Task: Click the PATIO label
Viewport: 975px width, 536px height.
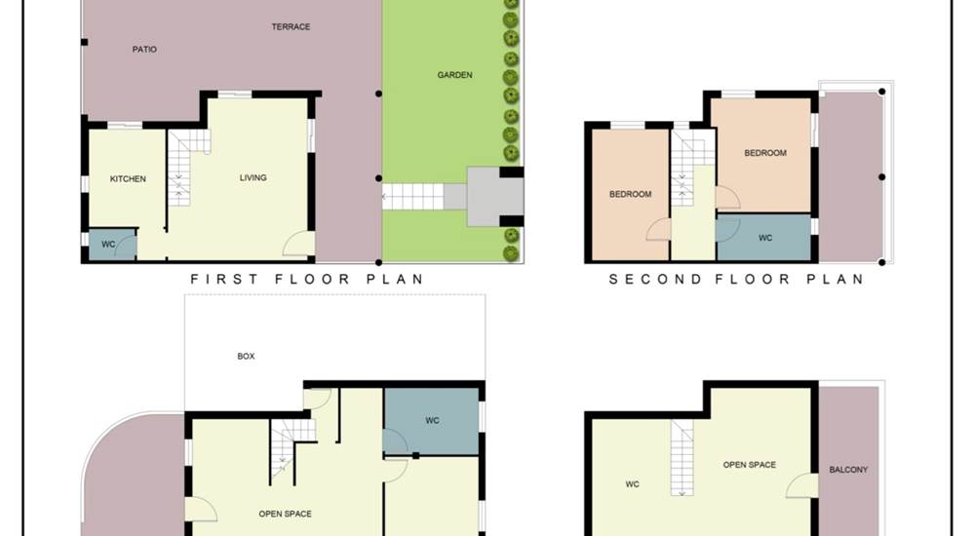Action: [x=144, y=49]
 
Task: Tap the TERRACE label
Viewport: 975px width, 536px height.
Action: [x=291, y=26]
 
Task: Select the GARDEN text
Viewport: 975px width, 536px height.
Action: [x=454, y=75]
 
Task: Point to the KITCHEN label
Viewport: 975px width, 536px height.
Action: [x=128, y=178]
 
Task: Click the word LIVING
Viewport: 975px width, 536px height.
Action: [x=253, y=177]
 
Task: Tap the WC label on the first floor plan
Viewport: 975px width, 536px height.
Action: [x=108, y=244]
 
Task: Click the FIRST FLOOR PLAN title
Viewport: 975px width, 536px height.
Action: [x=306, y=279]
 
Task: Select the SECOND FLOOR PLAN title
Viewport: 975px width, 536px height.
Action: [x=736, y=279]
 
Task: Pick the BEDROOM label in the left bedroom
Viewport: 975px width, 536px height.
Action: [x=630, y=194]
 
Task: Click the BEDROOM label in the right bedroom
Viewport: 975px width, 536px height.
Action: [x=764, y=152]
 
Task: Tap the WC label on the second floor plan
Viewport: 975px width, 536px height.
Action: [x=764, y=238]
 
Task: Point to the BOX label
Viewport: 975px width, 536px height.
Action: [x=246, y=357]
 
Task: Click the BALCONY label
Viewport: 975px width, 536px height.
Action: [x=848, y=470]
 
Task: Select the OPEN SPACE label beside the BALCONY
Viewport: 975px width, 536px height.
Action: [x=749, y=465]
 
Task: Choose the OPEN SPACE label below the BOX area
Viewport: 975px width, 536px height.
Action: [x=285, y=514]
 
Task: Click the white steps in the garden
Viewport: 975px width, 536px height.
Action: [x=412, y=197]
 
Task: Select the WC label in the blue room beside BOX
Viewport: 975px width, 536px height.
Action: [x=432, y=420]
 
